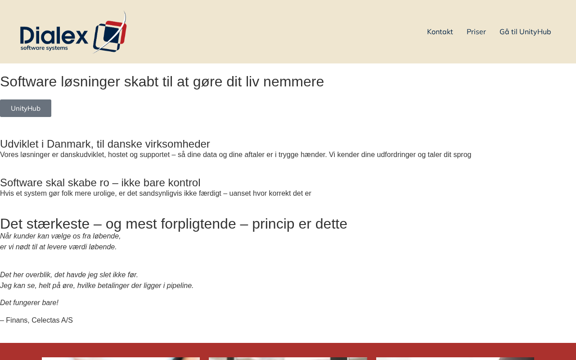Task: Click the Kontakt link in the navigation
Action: (x=440, y=31)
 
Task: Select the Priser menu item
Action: (x=476, y=31)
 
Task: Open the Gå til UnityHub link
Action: (x=525, y=31)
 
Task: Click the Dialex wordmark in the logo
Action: (x=54, y=35)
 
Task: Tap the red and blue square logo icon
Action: (x=110, y=35)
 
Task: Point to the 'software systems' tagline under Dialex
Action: (x=44, y=48)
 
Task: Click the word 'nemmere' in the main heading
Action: (x=293, y=82)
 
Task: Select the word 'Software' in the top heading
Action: (x=28, y=82)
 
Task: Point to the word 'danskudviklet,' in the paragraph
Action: (x=83, y=154)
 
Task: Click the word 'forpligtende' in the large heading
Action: (x=198, y=224)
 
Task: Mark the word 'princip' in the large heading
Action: (x=273, y=224)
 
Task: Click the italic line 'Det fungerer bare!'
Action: (x=29, y=303)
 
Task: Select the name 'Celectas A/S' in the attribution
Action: (x=52, y=320)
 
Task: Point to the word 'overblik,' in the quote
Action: (x=39, y=275)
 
